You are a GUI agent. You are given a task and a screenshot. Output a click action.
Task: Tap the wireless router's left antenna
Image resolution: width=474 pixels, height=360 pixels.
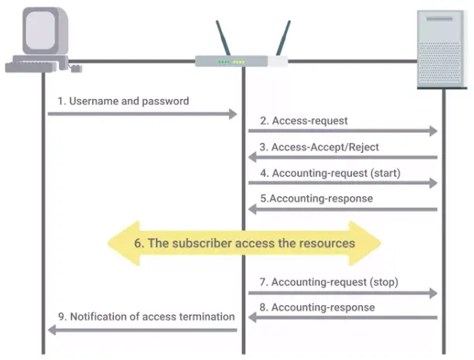226,38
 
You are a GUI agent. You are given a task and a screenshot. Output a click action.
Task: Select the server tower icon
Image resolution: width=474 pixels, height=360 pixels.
442,50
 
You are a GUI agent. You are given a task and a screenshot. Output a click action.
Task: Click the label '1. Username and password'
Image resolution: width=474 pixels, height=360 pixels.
123,101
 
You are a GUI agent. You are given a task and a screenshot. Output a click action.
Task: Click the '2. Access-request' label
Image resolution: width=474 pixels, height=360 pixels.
304,121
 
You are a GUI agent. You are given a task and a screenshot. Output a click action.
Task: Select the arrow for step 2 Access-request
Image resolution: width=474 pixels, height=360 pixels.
343,132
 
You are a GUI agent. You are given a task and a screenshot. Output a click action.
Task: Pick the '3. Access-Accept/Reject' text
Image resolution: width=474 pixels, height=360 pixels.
319,146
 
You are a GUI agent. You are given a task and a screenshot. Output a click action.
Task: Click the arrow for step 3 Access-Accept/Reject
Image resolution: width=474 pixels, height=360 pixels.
343,158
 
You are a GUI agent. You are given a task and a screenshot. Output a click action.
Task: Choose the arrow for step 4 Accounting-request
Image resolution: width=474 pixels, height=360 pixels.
343,184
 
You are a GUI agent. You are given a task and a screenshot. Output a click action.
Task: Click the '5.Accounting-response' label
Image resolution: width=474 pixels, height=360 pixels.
316,199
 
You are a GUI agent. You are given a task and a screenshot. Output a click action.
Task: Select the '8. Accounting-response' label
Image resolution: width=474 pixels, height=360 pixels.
318,307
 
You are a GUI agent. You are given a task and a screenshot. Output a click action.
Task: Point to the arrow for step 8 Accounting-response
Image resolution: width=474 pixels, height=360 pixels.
343,318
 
